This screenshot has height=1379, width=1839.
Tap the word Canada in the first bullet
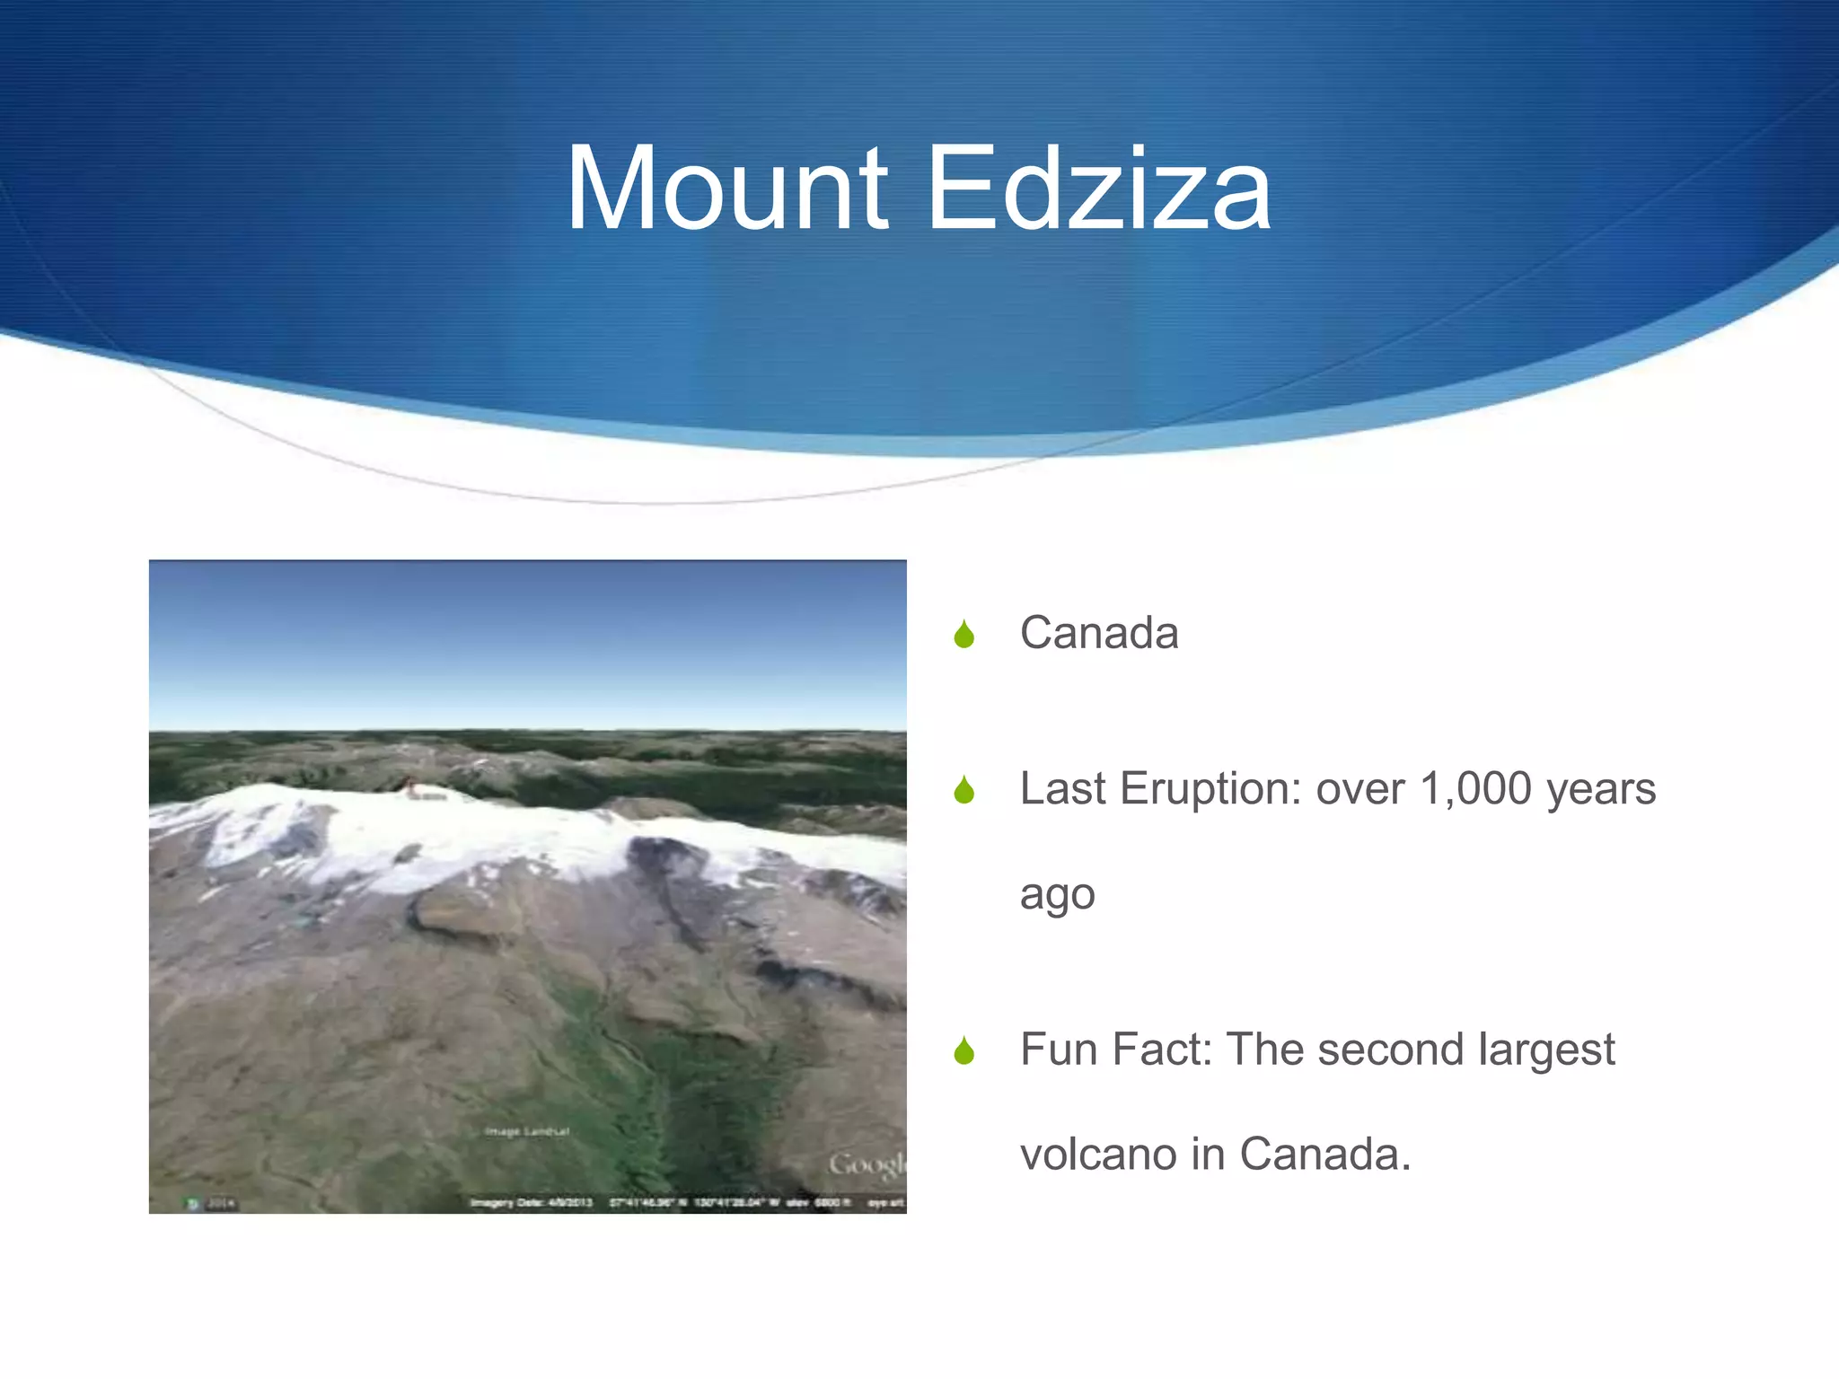point(1098,632)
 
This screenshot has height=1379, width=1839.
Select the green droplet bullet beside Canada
point(964,634)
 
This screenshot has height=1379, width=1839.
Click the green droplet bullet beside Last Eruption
point(964,790)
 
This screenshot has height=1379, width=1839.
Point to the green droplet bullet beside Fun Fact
point(964,1050)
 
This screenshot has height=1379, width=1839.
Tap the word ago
point(1057,894)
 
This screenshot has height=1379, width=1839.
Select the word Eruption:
point(1211,788)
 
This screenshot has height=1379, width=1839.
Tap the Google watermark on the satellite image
point(867,1165)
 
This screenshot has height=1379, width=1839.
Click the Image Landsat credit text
point(527,1131)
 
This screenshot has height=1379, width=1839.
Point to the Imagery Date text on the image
point(531,1202)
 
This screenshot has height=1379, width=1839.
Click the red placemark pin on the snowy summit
point(409,785)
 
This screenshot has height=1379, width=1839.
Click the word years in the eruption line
point(1600,788)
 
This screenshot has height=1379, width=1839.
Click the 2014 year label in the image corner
point(221,1203)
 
